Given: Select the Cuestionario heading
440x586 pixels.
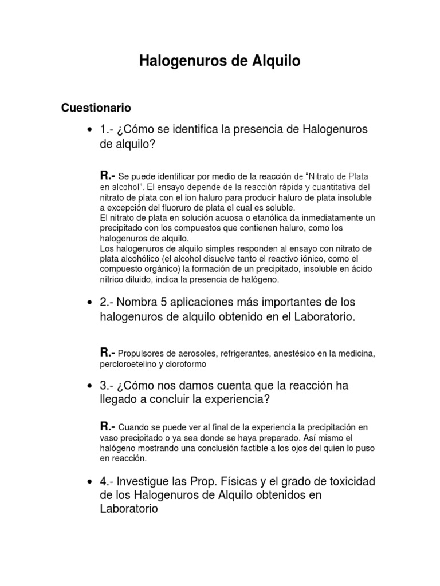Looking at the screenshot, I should (x=96, y=108).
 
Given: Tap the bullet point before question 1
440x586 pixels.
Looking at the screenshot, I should (x=89, y=130).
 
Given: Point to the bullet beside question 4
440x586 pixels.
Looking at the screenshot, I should (x=89, y=481).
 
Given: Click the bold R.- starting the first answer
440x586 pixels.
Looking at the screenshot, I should (x=108, y=176).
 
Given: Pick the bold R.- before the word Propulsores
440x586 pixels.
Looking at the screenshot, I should (x=108, y=352).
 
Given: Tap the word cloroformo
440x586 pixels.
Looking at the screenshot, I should (x=187, y=363).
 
